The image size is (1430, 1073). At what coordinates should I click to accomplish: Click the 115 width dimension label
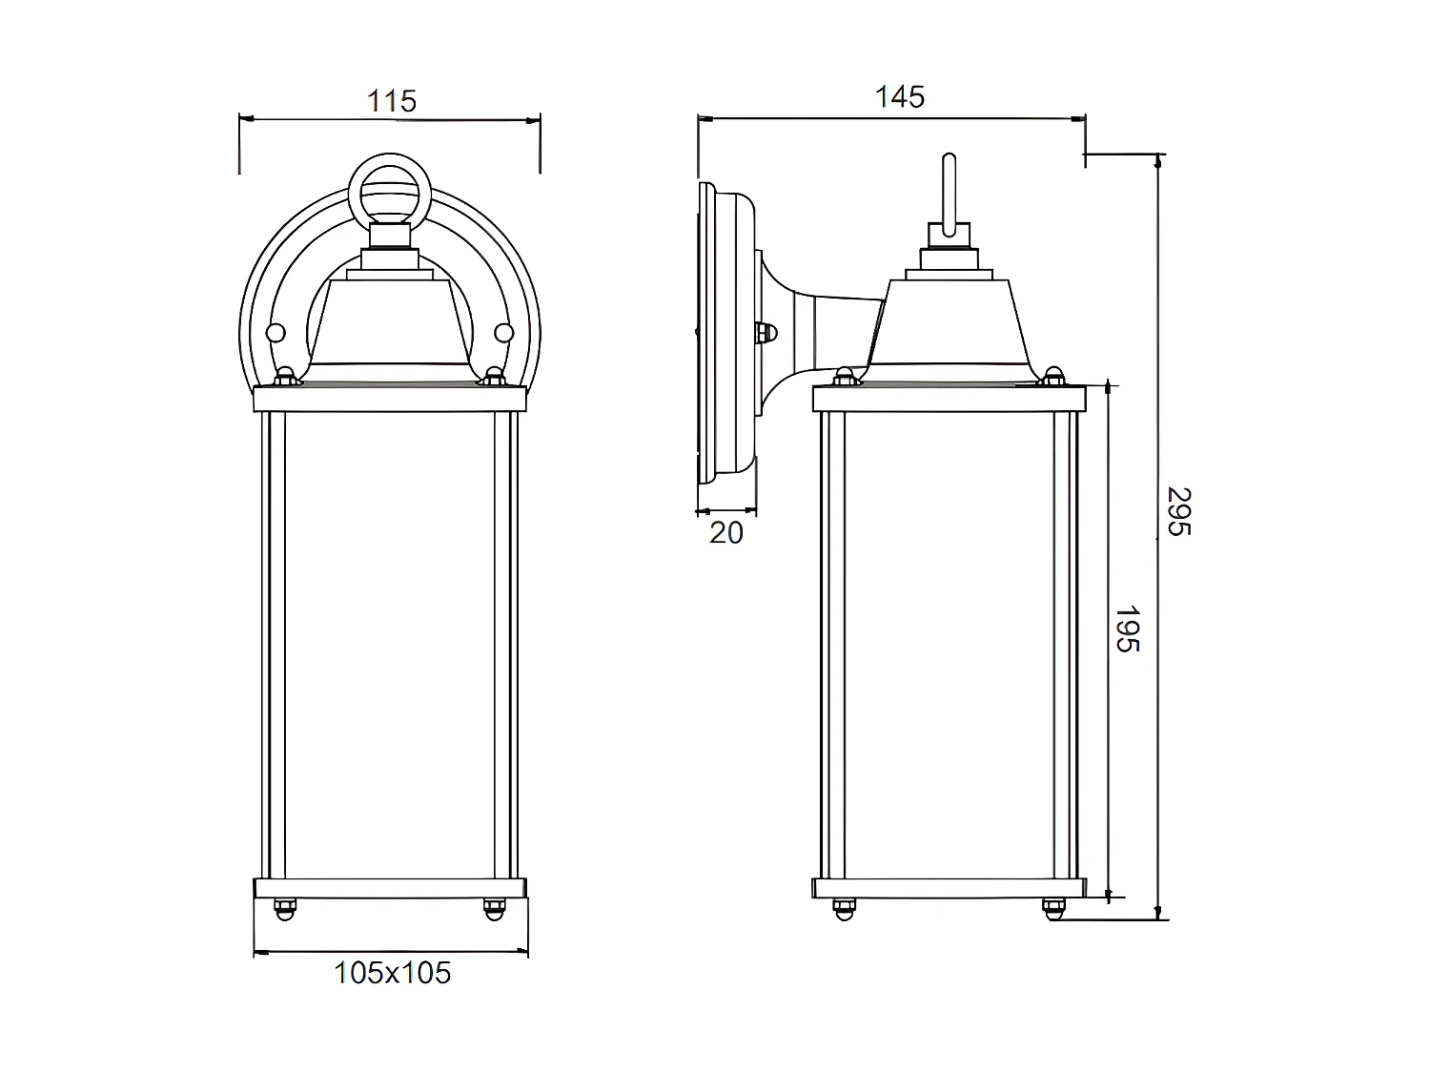click(392, 100)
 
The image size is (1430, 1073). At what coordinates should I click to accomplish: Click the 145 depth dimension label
click(900, 96)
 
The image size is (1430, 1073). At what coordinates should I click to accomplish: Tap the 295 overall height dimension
click(1179, 511)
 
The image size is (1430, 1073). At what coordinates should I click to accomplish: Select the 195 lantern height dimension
click(1128, 629)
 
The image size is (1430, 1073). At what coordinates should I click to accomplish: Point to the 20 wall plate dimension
click(725, 533)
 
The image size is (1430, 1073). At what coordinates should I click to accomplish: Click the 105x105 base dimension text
click(392, 973)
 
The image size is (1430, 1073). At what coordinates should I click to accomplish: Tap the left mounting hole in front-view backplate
click(276, 333)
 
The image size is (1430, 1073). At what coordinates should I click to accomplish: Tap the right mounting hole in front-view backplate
click(503, 333)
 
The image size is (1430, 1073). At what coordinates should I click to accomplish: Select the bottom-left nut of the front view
click(283, 908)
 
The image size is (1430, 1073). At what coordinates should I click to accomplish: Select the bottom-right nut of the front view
click(494, 908)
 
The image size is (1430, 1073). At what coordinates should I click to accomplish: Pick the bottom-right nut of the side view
click(1052, 908)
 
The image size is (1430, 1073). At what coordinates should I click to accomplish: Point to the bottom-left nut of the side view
click(842, 908)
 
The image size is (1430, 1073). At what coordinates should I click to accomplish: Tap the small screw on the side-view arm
click(766, 333)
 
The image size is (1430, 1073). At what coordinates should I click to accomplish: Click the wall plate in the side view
click(707, 334)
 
